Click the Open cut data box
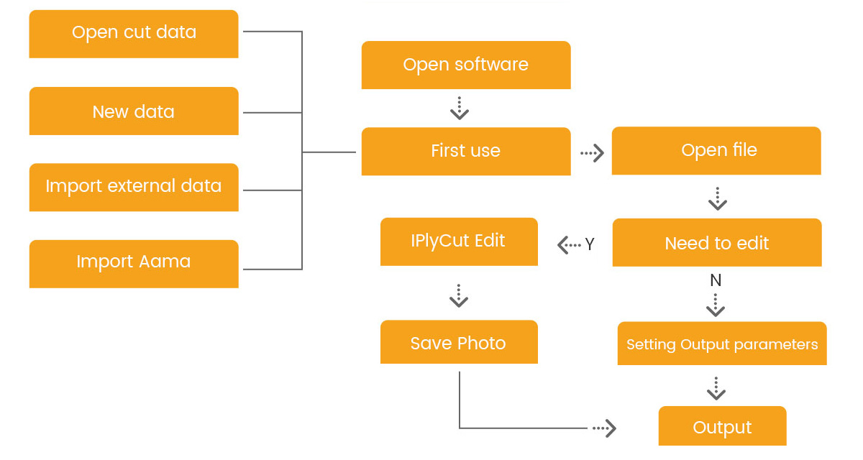[x=134, y=33]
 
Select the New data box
[x=134, y=111]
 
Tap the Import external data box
[x=134, y=187]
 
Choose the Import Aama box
[x=134, y=262]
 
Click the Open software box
[x=466, y=65]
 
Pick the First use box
[x=466, y=151]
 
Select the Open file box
[x=716, y=150]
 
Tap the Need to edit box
[x=716, y=243]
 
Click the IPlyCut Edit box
[x=459, y=241]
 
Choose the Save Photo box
[x=459, y=343]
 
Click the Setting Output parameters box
[x=722, y=344]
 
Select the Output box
[x=722, y=427]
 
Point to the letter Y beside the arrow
[x=590, y=244]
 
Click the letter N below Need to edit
[x=716, y=280]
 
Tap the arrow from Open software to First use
[x=459, y=108]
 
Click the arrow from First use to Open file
[x=591, y=153]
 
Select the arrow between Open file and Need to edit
[x=717, y=198]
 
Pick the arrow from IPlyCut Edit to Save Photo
[x=459, y=295]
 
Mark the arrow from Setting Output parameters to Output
[x=716, y=388]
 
